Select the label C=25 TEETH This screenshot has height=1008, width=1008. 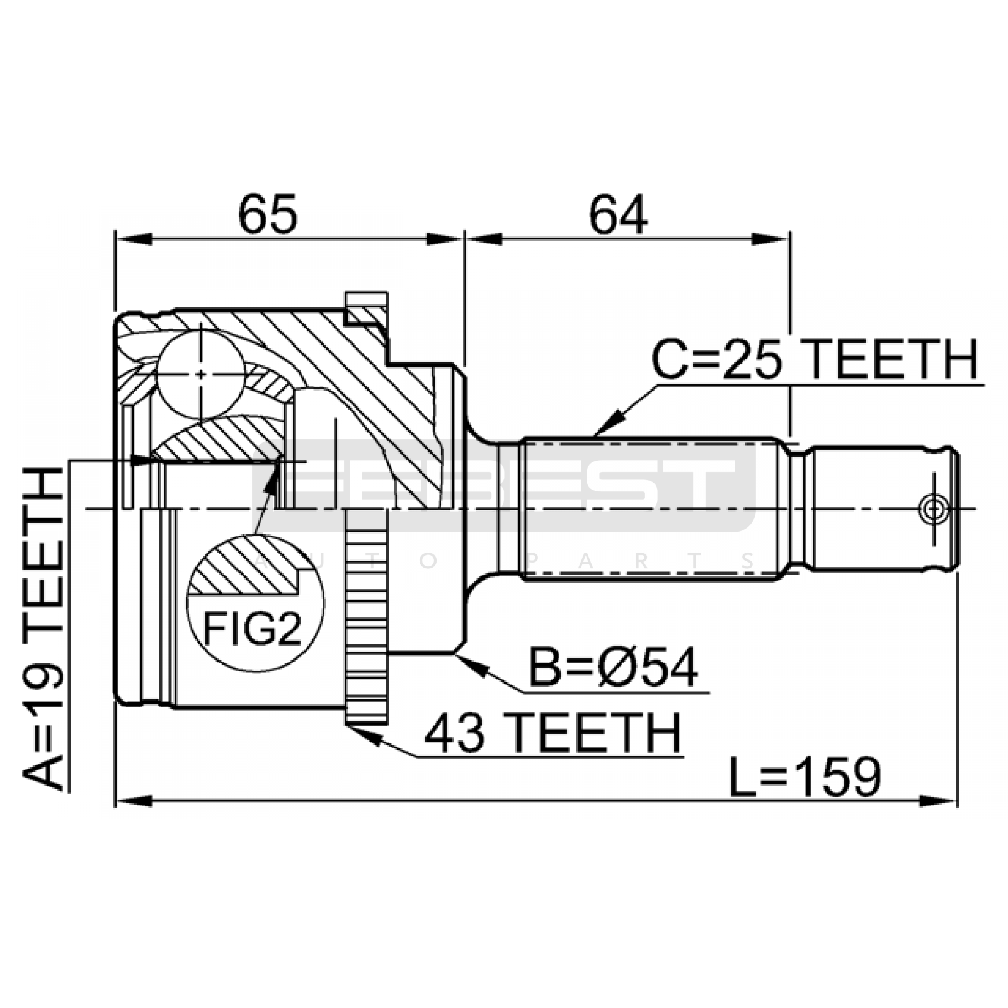pyautogui.click(x=815, y=360)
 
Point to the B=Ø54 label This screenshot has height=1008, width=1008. pyautogui.click(x=613, y=667)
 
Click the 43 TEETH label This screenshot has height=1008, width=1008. pyautogui.click(x=553, y=733)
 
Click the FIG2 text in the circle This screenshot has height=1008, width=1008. pyautogui.click(x=252, y=628)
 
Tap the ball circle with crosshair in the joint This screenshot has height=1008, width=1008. pyautogui.click(x=200, y=374)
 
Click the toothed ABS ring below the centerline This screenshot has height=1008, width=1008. pyautogui.click(x=366, y=616)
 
